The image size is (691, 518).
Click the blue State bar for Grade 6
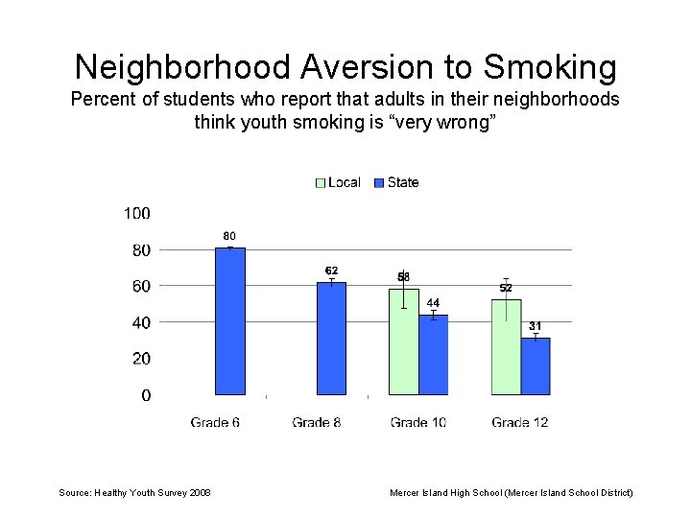(230, 321)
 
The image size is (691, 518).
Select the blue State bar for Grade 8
(332, 339)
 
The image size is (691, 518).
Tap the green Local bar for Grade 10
(404, 341)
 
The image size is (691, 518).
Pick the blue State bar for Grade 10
(434, 355)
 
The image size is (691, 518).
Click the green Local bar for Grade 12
(506, 347)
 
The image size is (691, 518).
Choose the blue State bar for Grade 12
(536, 366)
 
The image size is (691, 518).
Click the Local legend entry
(338, 182)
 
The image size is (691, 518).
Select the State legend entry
(396, 182)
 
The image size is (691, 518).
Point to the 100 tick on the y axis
(137, 213)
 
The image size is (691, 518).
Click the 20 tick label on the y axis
(140, 359)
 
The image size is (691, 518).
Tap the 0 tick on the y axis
(146, 395)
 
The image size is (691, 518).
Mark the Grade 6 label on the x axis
(216, 422)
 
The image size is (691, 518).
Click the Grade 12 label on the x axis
(520, 422)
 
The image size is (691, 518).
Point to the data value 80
(229, 236)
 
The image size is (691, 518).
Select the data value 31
(536, 326)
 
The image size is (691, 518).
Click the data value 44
(433, 303)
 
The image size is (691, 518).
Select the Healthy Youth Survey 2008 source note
(135, 492)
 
